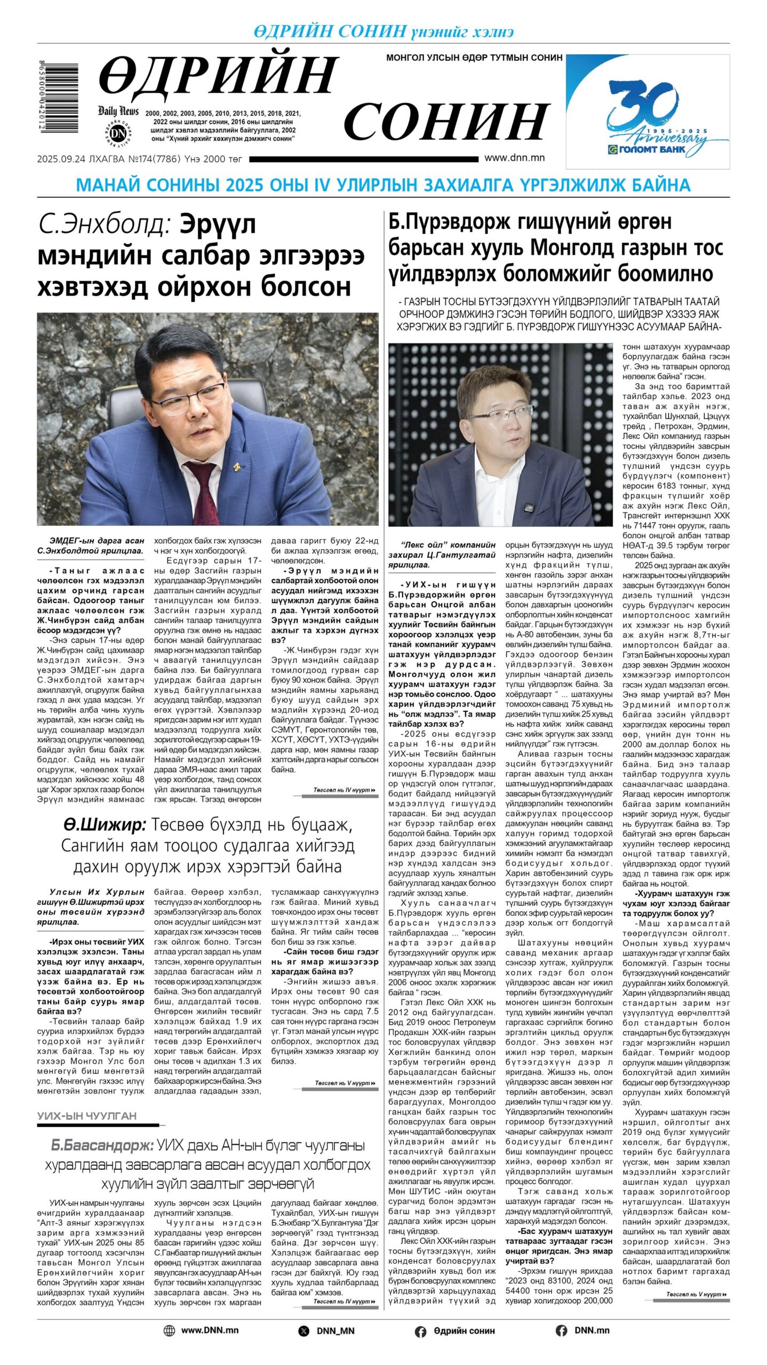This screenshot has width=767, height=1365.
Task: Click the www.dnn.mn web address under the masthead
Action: [x=514, y=158]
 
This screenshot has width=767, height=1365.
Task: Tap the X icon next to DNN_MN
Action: [x=304, y=1331]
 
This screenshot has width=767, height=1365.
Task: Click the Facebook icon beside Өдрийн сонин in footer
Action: [x=420, y=1331]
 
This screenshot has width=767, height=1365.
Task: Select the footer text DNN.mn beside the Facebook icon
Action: [x=592, y=1330]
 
